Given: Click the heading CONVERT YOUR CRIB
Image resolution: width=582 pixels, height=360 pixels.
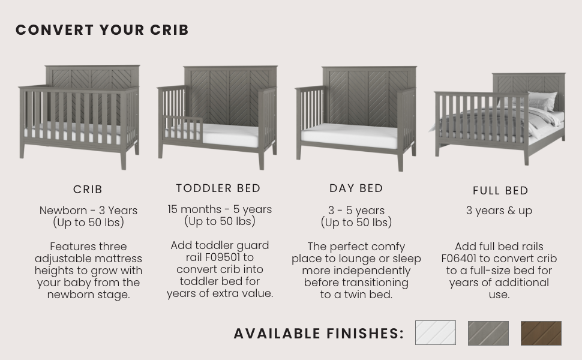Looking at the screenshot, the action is (x=102, y=30).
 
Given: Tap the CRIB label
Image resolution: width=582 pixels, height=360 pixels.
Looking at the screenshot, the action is (x=88, y=189).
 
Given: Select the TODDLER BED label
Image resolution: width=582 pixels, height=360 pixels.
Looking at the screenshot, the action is (x=218, y=188).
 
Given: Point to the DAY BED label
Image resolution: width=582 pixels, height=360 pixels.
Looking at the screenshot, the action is (x=356, y=188).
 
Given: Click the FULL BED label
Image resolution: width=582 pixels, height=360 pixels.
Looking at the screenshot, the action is (x=500, y=191).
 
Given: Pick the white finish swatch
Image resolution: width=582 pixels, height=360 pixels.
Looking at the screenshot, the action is (x=436, y=333).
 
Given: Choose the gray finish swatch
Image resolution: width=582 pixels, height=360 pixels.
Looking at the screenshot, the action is (x=488, y=333).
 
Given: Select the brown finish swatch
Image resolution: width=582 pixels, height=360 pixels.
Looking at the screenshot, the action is (x=541, y=333).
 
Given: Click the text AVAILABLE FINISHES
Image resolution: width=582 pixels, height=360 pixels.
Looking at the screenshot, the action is (x=319, y=334).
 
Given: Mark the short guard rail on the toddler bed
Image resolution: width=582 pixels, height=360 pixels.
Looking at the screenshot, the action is (x=183, y=128).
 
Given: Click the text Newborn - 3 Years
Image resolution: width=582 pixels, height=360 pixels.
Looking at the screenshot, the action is (x=88, y=211).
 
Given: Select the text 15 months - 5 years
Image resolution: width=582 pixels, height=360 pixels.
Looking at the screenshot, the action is (x=220, y=209).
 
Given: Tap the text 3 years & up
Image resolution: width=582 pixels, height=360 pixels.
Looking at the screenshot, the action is (x=499, y=211).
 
